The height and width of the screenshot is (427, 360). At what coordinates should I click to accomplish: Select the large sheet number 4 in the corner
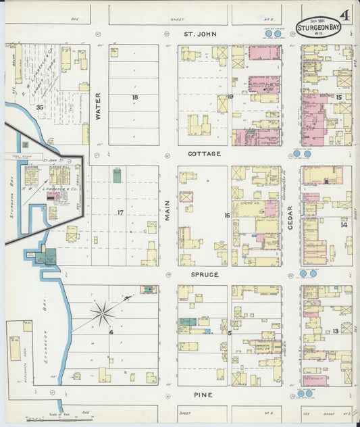[345, 15]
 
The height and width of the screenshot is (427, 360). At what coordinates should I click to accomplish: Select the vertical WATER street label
[97, 106]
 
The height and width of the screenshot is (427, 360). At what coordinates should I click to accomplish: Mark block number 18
[135, 98]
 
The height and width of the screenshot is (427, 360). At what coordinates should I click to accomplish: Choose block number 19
[230, 98]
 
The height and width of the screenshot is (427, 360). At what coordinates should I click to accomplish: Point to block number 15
[338, 98]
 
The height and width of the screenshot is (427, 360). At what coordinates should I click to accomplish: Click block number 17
[120, 213]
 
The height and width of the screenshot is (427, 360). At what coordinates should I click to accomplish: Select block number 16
[228, 216]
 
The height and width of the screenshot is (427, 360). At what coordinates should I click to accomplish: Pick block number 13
[336, 331]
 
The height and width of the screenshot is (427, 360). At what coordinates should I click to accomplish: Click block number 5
[230, 333]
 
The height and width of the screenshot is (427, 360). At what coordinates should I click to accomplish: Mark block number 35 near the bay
[40, 107]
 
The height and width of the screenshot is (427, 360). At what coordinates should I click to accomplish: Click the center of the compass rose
[103, 311]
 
